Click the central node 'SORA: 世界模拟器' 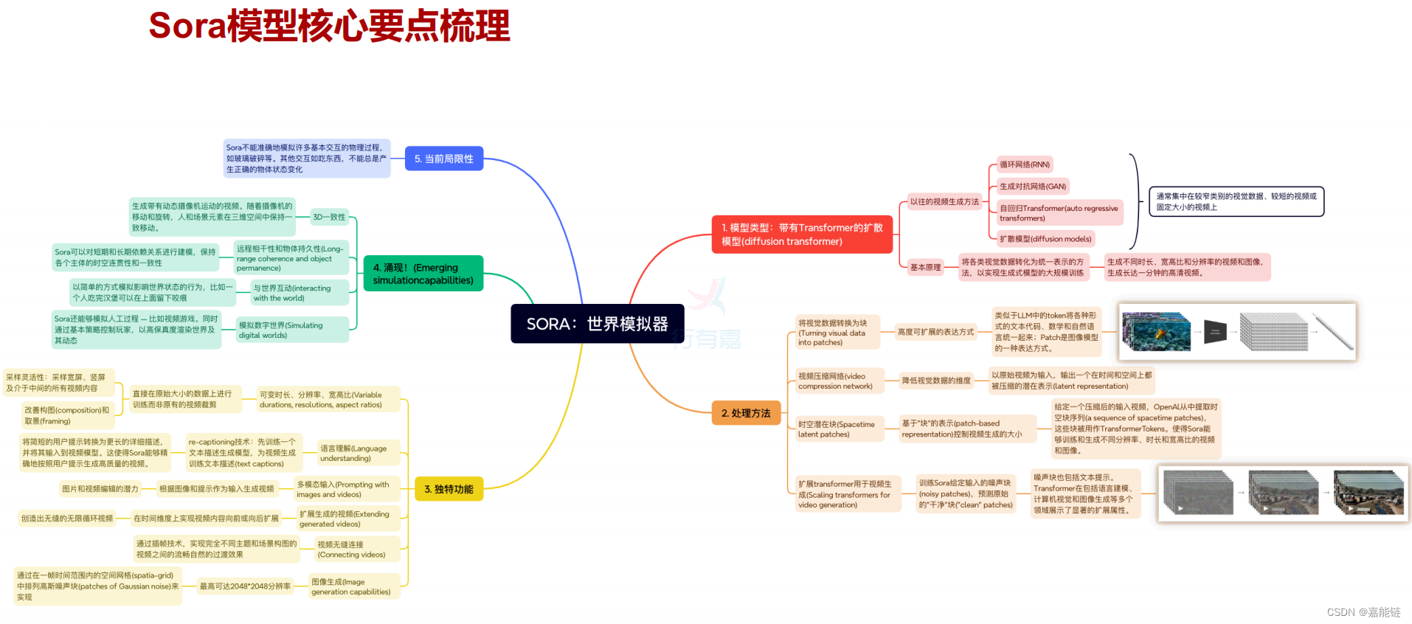[597, 324]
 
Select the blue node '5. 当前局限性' [444, 159]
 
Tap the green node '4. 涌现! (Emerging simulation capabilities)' [423, 274]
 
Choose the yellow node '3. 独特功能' [449, 489]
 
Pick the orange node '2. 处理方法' [746, 413]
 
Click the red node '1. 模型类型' [802, 235]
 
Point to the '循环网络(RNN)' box [1024, 164]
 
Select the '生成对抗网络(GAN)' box [1032, 187]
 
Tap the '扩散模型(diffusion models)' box [1045, 239]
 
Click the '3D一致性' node [329, 217]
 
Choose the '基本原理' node [925, 267]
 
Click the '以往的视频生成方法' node [944, 201]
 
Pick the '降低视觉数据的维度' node [936, 381]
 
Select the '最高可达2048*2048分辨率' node [245, 586]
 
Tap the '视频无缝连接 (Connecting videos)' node [357, 550]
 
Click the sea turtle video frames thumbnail [1156, 332]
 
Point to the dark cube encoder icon [1215, 332]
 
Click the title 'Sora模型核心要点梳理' [329, 26]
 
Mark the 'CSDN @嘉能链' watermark [1363, 612]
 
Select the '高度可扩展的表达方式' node [935, 332]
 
